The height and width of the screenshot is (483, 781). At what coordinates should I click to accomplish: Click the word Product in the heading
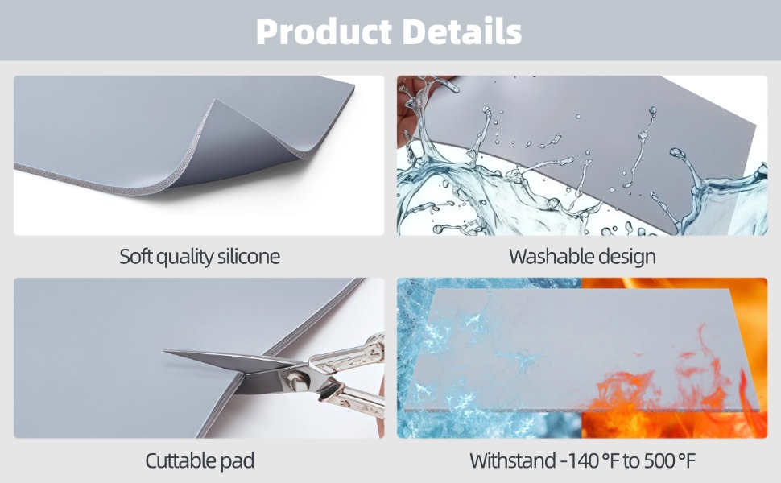click(324, 31)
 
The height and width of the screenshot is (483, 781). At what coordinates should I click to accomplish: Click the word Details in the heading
click(461, 31)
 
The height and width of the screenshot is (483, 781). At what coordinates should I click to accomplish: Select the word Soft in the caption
click(136, 257)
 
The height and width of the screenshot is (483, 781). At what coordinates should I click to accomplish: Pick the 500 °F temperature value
click(668, 460)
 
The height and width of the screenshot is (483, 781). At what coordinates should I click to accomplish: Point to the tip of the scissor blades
click(166, 352)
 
